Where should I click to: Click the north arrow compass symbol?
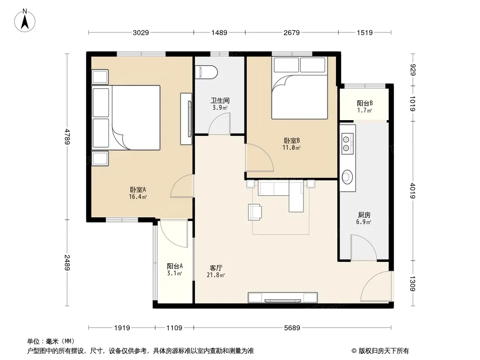[25, 20]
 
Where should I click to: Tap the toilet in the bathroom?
[206, 72]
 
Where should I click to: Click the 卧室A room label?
[138, 189]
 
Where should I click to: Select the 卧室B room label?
[291, 141]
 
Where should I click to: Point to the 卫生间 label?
[220, 100]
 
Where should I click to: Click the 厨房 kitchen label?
[364, 216]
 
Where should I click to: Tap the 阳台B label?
[364, 103]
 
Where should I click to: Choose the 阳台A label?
[175, 266]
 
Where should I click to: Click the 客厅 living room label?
[216, 268]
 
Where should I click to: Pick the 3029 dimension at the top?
[141, 32]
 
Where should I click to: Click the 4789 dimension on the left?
[68, 137]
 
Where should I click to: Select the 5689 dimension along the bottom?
[292, 328]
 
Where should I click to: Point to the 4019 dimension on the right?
[412, 190]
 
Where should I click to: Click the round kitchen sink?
[348, 177]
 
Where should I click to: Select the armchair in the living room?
[255, 212]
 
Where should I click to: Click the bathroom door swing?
[219, 124]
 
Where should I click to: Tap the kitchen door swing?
[363, 247]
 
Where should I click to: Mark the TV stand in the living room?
[282, 297]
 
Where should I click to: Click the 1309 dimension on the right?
[412, 283]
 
